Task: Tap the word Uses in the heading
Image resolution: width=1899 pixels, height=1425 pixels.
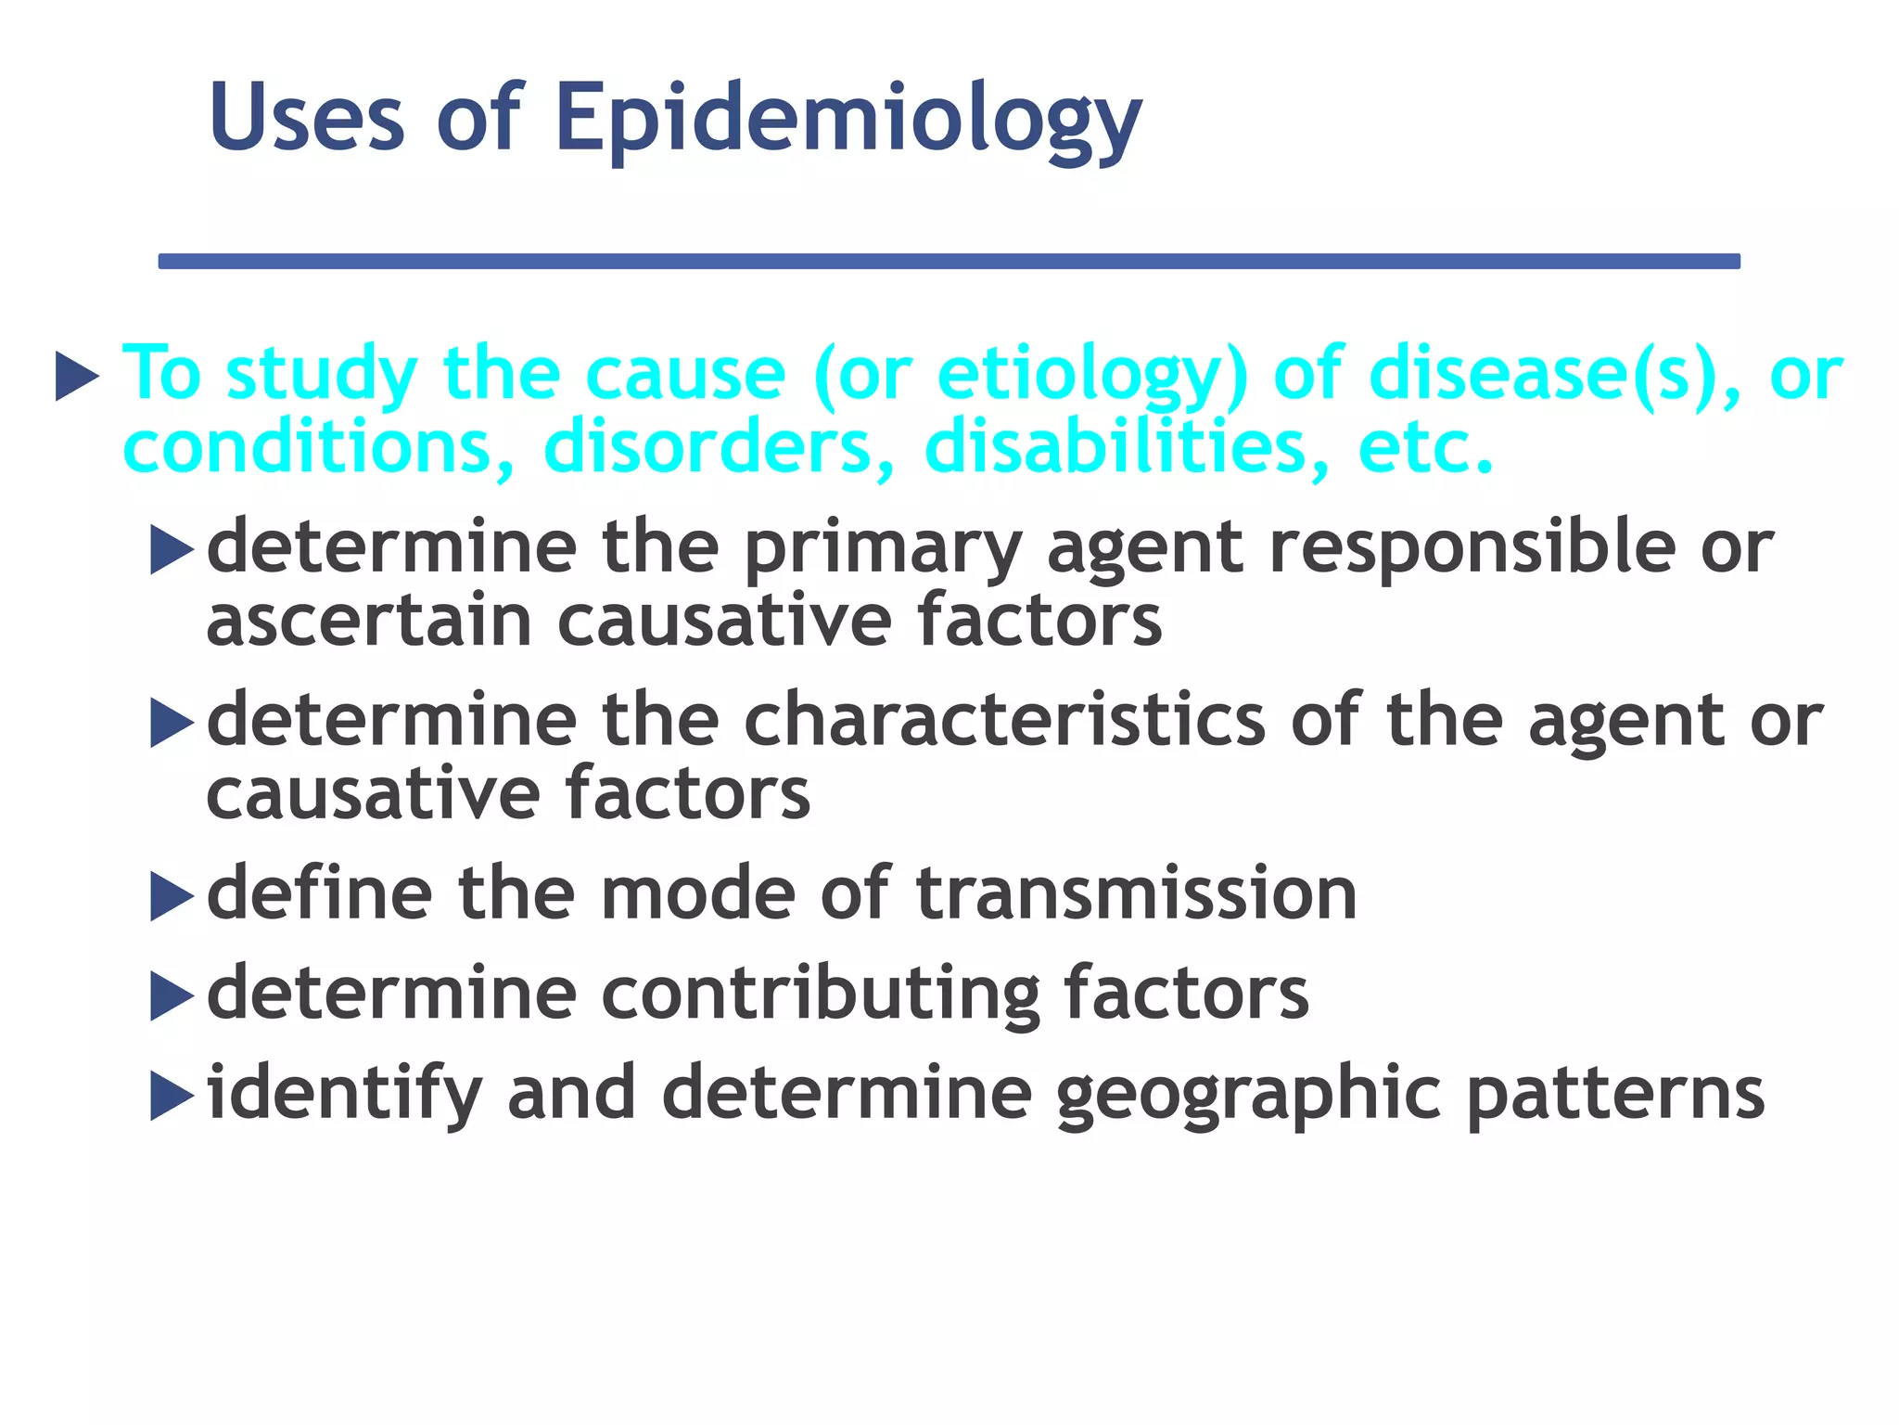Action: pos(307,119)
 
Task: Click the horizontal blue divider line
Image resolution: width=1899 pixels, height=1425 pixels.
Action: pos(949,262)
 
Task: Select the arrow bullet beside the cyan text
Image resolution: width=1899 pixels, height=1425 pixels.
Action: pos(77,376)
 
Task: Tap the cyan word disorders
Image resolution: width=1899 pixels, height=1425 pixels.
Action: pos(719,448)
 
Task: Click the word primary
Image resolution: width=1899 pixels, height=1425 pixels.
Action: pos(882,549)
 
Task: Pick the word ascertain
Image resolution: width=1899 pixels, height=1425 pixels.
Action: pos(369,621)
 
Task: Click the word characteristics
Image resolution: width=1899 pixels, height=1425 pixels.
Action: pos(1004,721)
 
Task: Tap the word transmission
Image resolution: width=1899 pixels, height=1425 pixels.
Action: pos(1136,893)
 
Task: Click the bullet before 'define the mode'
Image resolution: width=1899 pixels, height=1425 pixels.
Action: pos(172,896)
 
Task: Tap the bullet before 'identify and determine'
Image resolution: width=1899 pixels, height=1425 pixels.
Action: pos(172,1096)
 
